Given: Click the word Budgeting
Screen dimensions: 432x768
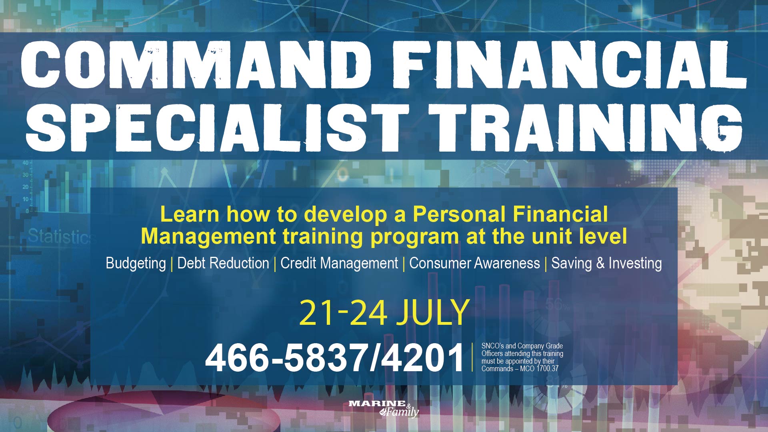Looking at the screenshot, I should point(136,264).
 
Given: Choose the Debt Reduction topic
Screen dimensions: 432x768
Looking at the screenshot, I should point(223,263).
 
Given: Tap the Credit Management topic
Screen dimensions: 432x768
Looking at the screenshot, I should point(339,264).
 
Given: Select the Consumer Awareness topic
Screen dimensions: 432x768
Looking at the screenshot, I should point(474,263).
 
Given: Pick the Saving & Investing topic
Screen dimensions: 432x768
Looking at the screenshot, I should point(606,263).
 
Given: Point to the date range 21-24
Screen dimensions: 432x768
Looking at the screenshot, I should point(343,312).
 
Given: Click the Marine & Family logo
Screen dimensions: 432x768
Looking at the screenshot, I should point(384,408).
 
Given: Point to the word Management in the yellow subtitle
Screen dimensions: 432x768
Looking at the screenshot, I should point(208,236).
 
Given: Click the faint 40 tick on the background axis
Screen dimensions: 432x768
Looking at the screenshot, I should point(26,163).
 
